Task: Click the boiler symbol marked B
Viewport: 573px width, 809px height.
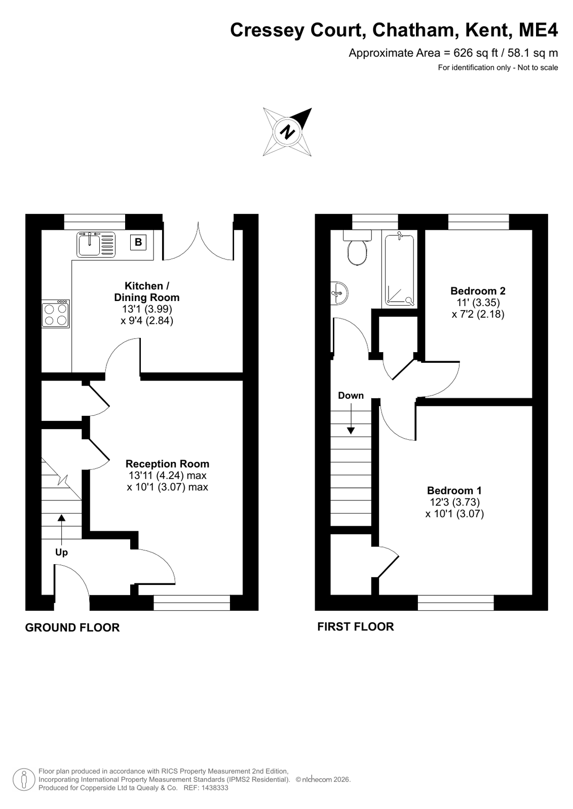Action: [138, 242]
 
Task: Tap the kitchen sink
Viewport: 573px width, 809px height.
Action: [96, 244]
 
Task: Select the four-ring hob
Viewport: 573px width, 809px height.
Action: [55, 314]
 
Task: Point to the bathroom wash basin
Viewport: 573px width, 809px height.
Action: [339, 292]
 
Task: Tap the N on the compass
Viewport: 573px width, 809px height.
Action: [288, 132]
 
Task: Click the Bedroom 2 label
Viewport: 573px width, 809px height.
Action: [478, 291]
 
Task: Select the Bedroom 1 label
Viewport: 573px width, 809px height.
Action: [454, 490]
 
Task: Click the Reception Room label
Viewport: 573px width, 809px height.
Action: [167, 464]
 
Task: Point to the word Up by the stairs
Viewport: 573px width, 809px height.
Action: [61, 552]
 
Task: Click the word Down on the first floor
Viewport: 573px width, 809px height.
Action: [351, 396]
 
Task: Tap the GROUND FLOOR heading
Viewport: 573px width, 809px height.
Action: [72, 628]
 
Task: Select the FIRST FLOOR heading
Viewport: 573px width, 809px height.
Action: [356, 627]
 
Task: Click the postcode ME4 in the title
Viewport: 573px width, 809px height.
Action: [538, 30]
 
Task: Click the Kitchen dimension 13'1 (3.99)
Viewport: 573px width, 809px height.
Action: [147, 309]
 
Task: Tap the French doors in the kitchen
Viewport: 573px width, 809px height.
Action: [198, 241]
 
